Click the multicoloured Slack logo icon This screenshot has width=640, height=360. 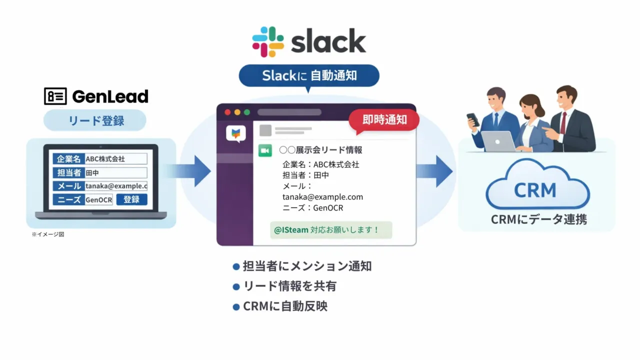pyautogui.click(x=268, y=42)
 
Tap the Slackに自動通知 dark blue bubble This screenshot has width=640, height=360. pyautogui.click(x=309, y=75)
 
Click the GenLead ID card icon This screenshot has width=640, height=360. pyautogui.click(x=55, y=96)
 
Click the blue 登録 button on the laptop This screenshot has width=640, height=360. pyautogui.click(x=131, y=199)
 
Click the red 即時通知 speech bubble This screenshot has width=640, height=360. pyautogui.click(x=384, y=120)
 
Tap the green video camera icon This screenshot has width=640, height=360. pyautogui.click(x=265, y=150)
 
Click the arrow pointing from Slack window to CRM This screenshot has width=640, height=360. pyautogui.click(x=435, y=171)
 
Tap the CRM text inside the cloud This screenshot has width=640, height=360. pyautogui.click(x=535, y=190)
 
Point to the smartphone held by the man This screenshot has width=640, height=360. pyautogui.click(x=472, y=119)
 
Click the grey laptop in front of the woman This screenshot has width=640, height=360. pyautogui.click(x=498, y=141)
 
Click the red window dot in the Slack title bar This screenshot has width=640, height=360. pyautogui.click(x=228, y=112)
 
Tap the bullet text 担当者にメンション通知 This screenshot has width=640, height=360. pyautogui.click(x=307, y=266)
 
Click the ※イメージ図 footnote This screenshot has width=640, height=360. pyautogui.click(x=48, y=234)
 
